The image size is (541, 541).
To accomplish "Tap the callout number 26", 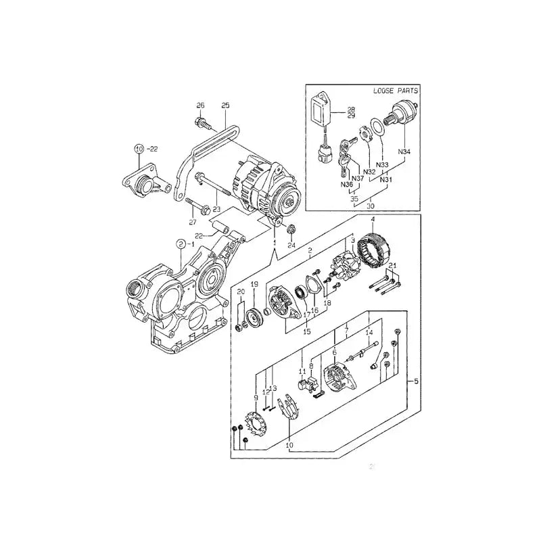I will click(200, 105).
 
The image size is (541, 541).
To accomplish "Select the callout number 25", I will click(226, 105).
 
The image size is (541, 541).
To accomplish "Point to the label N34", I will click(404, 151).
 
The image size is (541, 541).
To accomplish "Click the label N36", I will click(348, 185).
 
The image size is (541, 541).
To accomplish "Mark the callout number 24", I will click(291, 246).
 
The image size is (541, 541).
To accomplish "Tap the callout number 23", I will click(217, 210).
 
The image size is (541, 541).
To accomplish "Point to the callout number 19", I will click(255, 284).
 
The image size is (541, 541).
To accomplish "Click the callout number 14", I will click(369, 333).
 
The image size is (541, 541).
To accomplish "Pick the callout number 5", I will click(415, 382).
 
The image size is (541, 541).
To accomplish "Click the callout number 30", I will click(371, 206).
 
